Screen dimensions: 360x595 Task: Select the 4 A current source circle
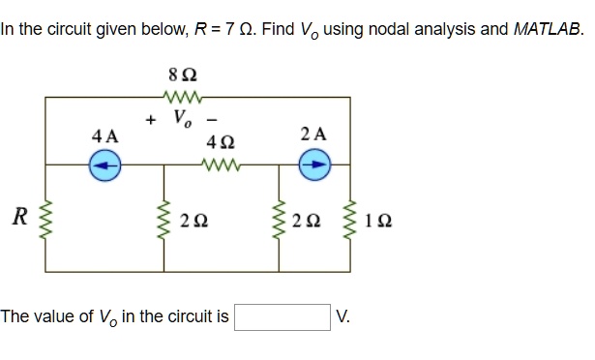104,165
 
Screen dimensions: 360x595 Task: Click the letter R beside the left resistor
16,215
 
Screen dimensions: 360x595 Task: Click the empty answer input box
282,316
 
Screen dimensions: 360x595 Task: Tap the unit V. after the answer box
343,316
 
